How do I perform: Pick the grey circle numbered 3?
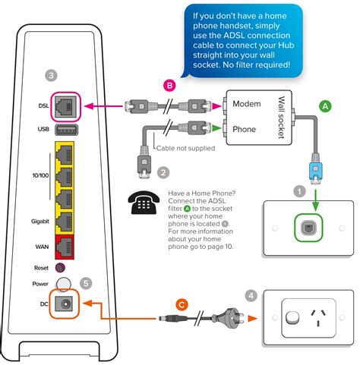click(x=50, y=76)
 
